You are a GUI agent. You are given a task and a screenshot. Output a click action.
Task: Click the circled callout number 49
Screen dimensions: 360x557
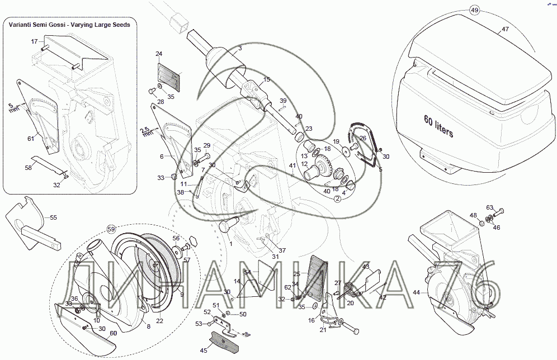(474, 11)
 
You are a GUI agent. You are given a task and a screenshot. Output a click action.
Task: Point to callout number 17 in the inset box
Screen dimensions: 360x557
(34, 41)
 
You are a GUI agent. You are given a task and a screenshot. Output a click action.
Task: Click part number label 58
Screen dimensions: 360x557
(27, 167)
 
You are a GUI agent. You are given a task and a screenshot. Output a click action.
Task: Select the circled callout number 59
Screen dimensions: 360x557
(111, 229)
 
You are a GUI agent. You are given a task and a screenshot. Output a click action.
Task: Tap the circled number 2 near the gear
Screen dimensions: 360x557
(338, 198)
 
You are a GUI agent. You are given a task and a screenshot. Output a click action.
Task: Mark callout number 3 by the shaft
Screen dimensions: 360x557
(239, 49)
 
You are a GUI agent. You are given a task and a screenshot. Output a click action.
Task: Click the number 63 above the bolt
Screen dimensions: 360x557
(489, 207)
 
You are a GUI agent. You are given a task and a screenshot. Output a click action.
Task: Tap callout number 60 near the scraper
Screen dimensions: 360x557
(113, 333)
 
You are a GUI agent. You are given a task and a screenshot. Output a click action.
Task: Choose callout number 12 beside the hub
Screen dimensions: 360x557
(305, 164)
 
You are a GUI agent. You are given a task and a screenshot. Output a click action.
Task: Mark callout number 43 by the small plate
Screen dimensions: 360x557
(366, 267)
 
